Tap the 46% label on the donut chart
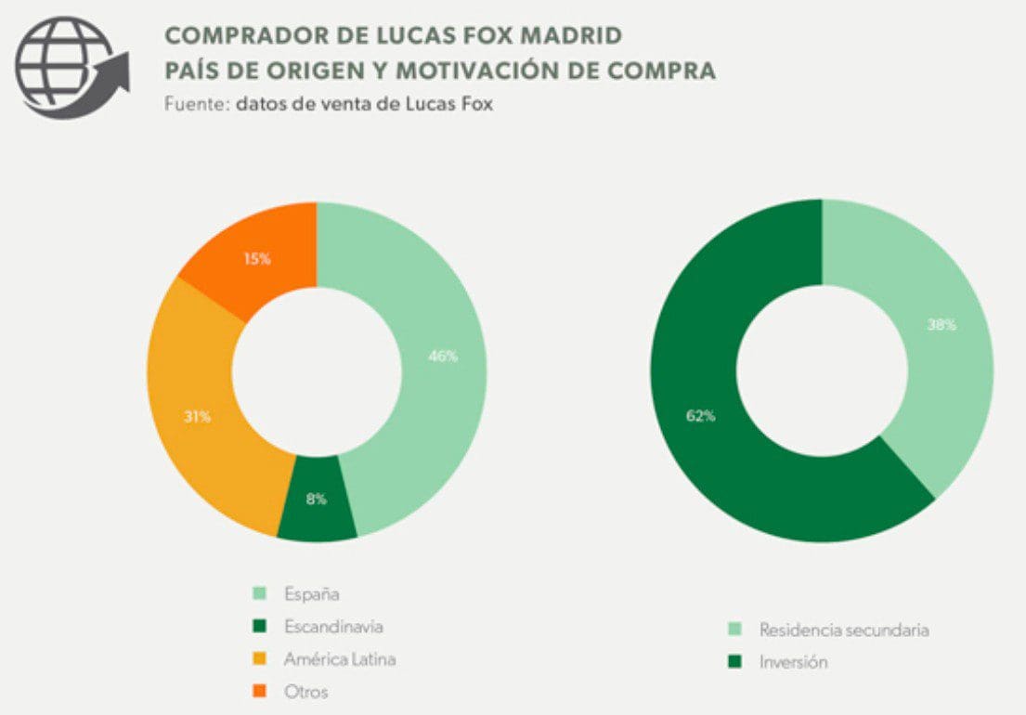442,357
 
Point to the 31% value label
197,417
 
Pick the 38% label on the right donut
941,325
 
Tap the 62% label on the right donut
700,416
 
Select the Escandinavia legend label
333,627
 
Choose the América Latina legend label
340,659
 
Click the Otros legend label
305,691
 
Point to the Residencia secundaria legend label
844,630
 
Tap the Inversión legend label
793,662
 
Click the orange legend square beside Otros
260,691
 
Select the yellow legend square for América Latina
260,659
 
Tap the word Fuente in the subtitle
193,104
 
